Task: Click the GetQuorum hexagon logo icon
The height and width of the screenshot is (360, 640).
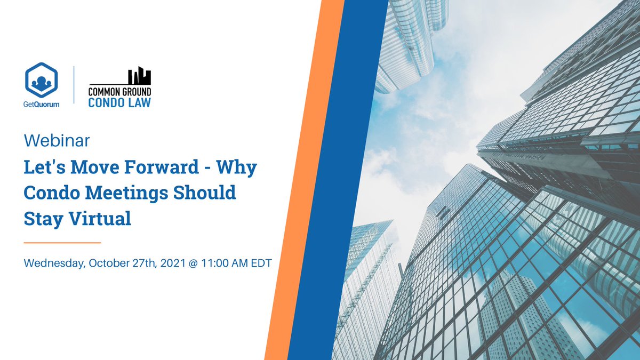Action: coord(41,80)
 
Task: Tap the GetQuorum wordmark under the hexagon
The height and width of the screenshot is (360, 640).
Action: coord(42,105)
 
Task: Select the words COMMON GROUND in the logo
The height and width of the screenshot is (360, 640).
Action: coord(119,91)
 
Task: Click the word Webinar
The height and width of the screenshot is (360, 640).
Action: coord(57,141)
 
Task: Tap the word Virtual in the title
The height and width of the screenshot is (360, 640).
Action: coord(99,219)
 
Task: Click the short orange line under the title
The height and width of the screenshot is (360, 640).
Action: coord(62,243)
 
